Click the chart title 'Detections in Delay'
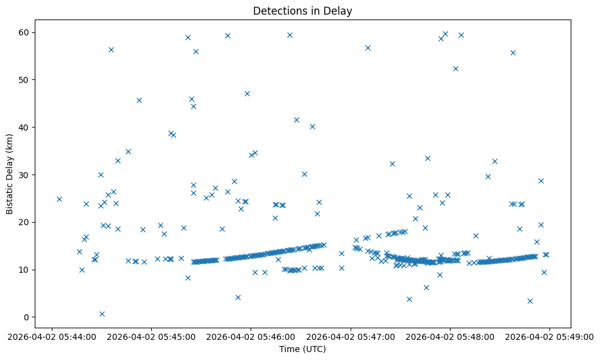coord(302,11)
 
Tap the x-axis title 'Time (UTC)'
coord(302,349)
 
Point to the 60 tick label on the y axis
coord(26,32)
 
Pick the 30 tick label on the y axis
coord(26,175)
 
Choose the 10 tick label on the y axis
coord(26,270)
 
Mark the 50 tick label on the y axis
coord(26,80)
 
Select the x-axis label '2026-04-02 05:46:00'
coord(251,336)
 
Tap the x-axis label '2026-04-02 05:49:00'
coord(549,336)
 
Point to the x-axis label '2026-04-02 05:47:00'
coord(351,336)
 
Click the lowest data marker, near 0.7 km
coord(102,314)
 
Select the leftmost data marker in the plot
coord(59,199)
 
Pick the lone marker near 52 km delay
coord(455,68)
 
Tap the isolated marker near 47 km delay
coord(247,93)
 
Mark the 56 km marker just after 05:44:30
coord(111,49)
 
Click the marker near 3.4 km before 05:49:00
coord(530,301)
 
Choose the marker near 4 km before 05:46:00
coord(238,297)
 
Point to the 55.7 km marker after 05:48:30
coord(513,52)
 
